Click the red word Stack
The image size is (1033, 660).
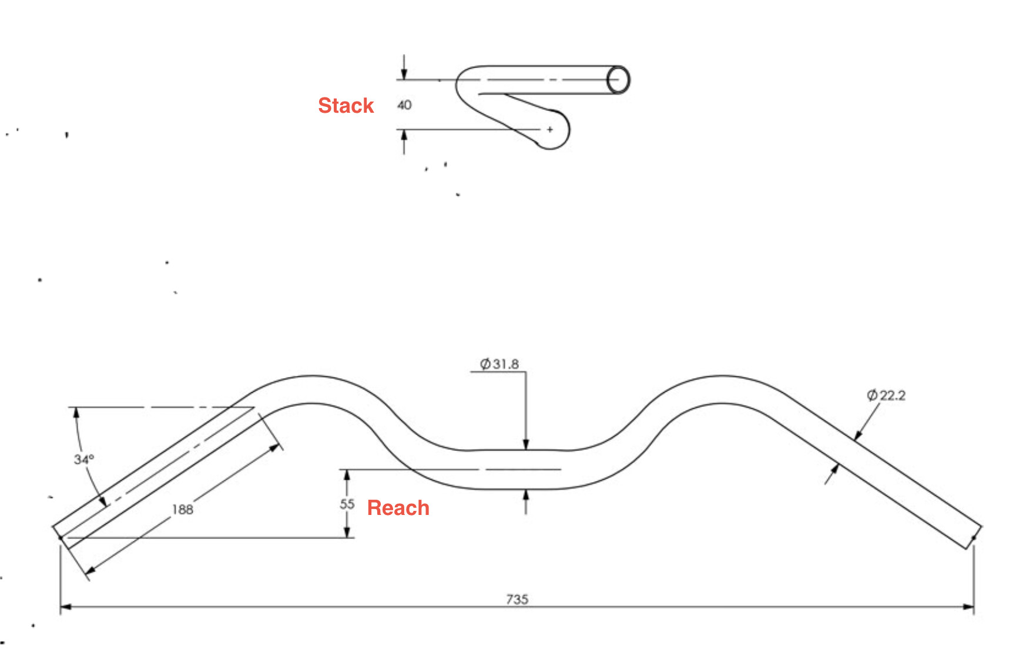tap(346, 106)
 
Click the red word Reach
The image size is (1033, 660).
tap(398, 508)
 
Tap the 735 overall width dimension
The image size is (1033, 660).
tap(517, 599)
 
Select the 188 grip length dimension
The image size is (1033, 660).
tap(183, 509)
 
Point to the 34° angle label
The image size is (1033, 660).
tap(83, 459)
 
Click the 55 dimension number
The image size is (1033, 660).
tap(347, 504)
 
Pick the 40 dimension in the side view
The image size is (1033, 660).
tap(404, 105)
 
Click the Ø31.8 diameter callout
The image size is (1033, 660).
tap(499, 364)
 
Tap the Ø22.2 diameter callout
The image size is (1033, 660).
tap(886, 395)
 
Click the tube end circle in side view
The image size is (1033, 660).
tap(618, 80)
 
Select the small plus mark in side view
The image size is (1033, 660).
tap(550, 129)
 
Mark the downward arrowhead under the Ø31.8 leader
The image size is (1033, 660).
tap(526, 445)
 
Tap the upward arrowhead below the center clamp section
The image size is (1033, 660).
tap(526, 495)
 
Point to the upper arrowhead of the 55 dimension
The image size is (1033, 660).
tap(347, 475)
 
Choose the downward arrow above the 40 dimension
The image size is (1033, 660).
tap(404, 73)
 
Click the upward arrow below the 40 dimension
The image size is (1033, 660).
tap(404, 136)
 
